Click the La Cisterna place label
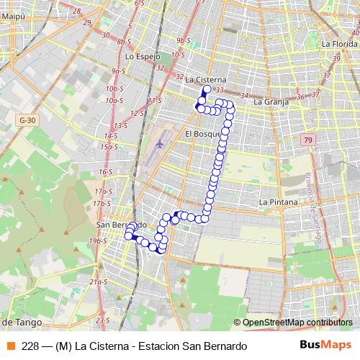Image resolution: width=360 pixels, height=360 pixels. pyautogui.click(x=206, y=79)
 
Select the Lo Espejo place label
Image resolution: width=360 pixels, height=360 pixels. pyautogui.click(x=141, y=55)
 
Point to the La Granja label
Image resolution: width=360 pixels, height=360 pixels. pyautogui.click(x=271, y=102)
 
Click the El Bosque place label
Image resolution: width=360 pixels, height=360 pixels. pyautogui.click(x=200, y=134)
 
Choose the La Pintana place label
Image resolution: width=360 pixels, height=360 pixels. pyautogui.click(x=278, y=202)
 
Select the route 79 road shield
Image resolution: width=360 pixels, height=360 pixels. pyautogui.click(x=308, y=140)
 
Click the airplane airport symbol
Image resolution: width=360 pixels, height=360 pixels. pyautogui.click(x=160, y=143)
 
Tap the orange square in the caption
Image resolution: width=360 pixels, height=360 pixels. pyautogui.click(x=10, y=346)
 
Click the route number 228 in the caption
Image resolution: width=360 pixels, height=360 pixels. pyautogui.click(x=30, y=346)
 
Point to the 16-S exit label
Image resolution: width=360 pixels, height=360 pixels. pyautogui.click(x=106, y=172)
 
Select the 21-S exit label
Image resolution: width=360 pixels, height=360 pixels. pyautogui.click(x=99, y=282)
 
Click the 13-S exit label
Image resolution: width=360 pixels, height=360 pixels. pyautogui.click(x=120, y=125)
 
